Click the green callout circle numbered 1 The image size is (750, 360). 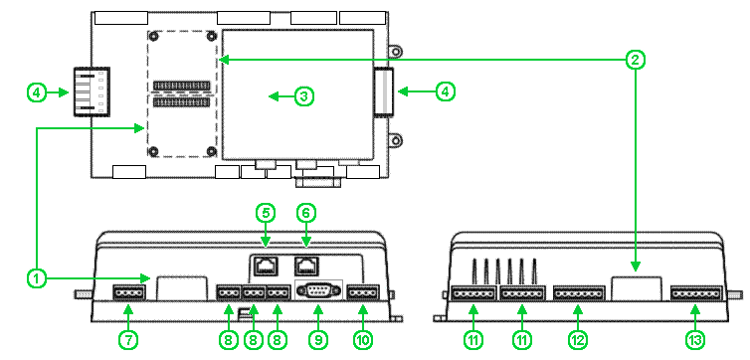pyautogui.click(x=37, y=277)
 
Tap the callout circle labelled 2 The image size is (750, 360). pyautogui.click(x=636, y=60)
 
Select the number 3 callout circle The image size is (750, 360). pyautogui.click(x=303, y=96)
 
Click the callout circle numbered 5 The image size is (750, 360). pyautogui.click(x=266, y=214)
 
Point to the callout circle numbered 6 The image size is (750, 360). pyautogui.click(x=306, y=214)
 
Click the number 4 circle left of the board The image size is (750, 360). pyautogui.click(x=37, y=92)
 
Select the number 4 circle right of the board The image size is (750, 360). pyautogui.click(x=445, y=91)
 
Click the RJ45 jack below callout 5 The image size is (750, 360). pyautogui.click(x=266, y=266)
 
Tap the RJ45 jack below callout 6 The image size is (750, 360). pyautogui.click(x=306, y=266)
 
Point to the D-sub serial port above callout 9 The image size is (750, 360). pyautogui.click(x=319, y=290)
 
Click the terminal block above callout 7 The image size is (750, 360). pyautogui.click(x=128, y=292)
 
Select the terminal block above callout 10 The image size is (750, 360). pyautogui.click(x=363, y=292)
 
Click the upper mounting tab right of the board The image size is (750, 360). pyautogui.click(x=396, y=51)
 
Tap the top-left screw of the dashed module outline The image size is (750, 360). pyautogui.click(x=154, y=37)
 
